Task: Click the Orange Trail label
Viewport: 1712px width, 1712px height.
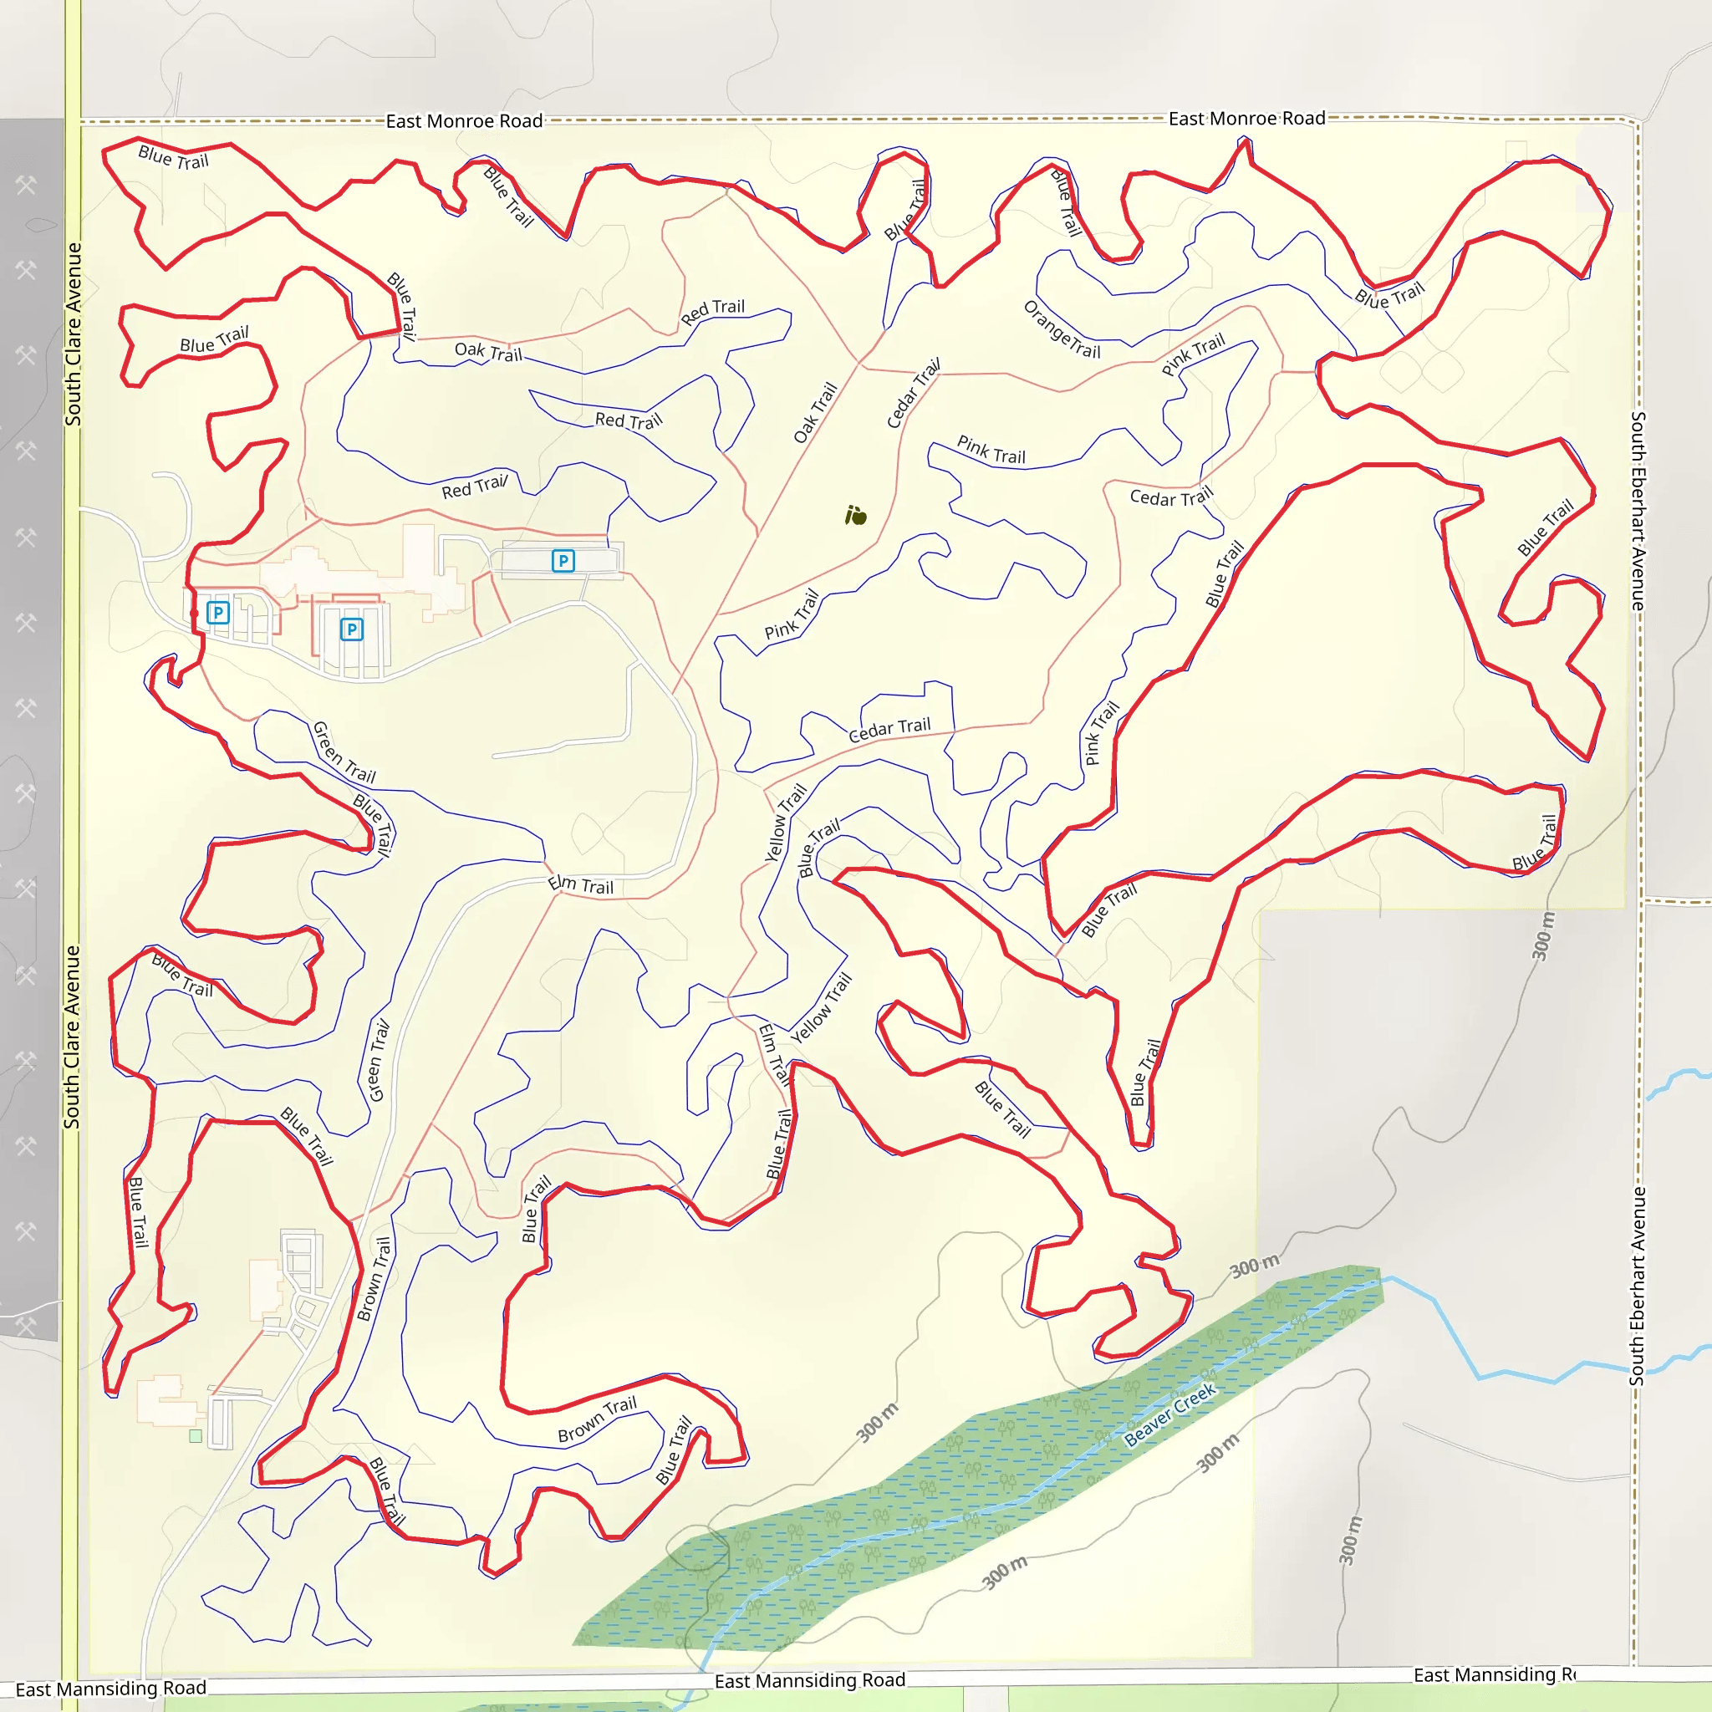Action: coord(1062,329)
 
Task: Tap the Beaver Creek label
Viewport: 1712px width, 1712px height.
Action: coord(1169,1415)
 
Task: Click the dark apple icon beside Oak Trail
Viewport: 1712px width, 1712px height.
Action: coord(855,515)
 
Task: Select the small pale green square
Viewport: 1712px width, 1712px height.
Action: coord(196,1435)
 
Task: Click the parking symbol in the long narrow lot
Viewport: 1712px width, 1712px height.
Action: coord(563,560)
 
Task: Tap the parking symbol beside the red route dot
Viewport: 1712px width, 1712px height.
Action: coord(218,611)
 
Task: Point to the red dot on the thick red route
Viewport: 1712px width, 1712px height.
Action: coord(194,612)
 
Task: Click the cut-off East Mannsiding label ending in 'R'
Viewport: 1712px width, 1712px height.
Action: coord(1494,1674)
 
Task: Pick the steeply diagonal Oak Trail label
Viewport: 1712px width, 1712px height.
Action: coord(815,413)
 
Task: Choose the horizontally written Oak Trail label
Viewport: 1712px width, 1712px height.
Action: coord(488,352)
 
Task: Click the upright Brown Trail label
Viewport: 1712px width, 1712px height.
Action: coord(374,1279)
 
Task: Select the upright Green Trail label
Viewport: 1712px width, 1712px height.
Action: coord(379,1061)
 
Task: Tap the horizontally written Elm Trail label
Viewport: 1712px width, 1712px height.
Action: coord(580,884)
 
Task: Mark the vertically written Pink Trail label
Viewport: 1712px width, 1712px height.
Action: coord(1102,733)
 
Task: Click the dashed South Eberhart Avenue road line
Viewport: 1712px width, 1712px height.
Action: coord(1638,975)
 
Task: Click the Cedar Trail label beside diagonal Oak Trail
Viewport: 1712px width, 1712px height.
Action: coord(914,394)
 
